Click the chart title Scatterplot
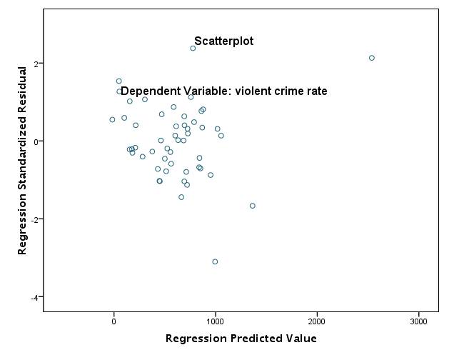coord(223,41)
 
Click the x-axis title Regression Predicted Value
coord(241,339)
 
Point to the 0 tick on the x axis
coord(113,321)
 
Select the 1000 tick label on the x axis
coord(216,321)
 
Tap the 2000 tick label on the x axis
coord(317,321)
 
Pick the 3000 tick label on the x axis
coord(418,321)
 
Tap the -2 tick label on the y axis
coord(33,219)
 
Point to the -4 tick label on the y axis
coord(33,297)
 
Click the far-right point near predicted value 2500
coord(372,58)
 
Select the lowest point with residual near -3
coord(215,261)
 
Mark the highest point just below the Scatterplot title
coord(193,49)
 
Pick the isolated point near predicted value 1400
coord(253,206)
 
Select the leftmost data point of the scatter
coord(112,120)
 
